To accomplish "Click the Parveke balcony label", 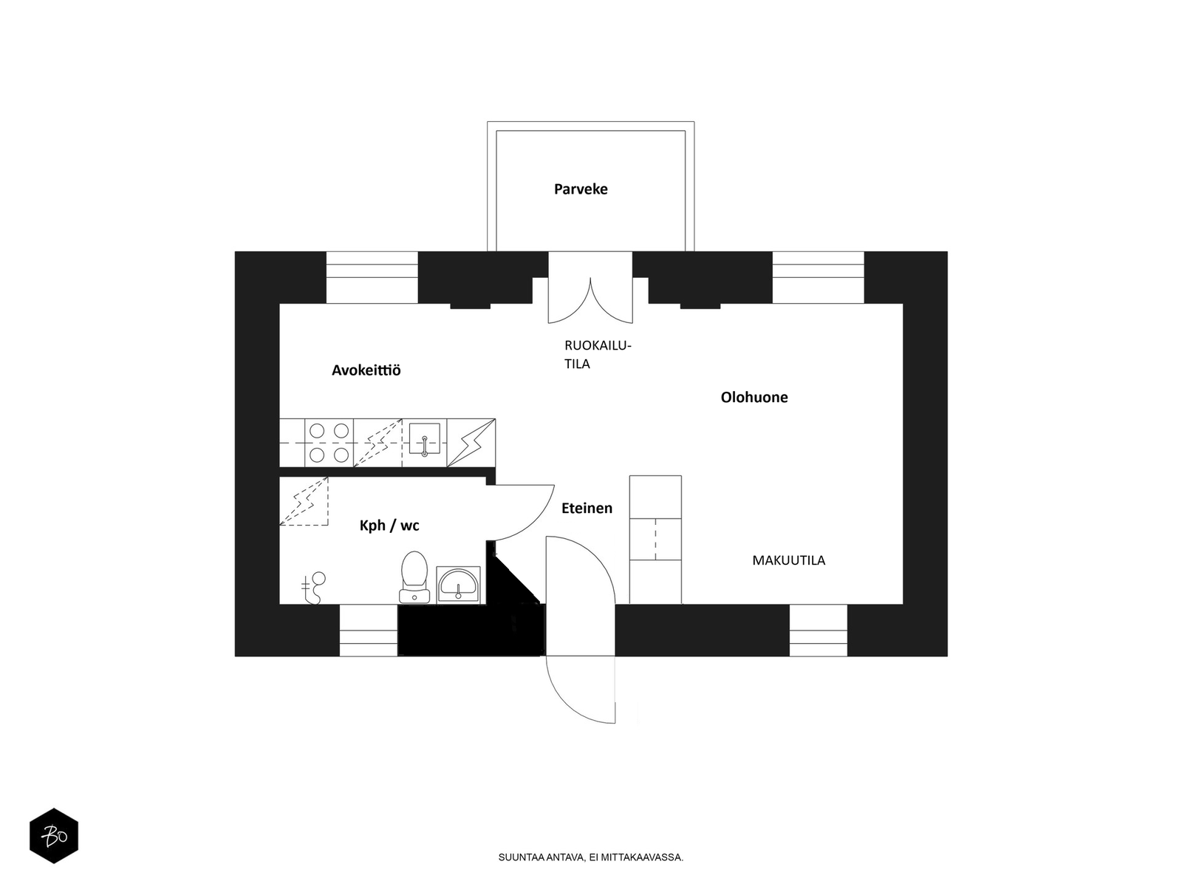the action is pyautogui.click(x=581, y=189).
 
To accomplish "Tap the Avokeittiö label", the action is pyautogui.click(x=366, y=370).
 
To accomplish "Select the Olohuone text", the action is pyautogui.click(x=754, y=397).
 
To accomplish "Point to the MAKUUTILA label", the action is pyautogui.click(x=788, y=560).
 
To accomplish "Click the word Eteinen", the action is pyautogui.click(x=587, y=508).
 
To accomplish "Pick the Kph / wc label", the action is pyautogui.click(x=389, y=525).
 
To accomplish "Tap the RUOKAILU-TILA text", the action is pyautogui.click(x=597, y=354).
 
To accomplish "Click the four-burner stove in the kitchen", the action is pyautogui.click(x=329, y=443).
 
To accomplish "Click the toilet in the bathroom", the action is pyautogui.click(x=414, y=577).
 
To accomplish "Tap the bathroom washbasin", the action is pyautogui.click(x=458, y=584).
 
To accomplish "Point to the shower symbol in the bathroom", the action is pyautogui.click(x=313, y=588).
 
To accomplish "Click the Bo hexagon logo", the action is pyautogui.click(x=54, y=836).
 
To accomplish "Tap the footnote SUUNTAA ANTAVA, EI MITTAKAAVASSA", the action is pyautogui.click(x=591, y=857).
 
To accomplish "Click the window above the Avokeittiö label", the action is pyautogui.click(x=372, y=277).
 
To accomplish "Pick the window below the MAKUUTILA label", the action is pyautogui.click(x=819, y=630).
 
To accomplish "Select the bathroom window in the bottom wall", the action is pyautogui.click(x=369, y=630).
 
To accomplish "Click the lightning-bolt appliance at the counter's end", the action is pyautogui.click(x=471, y=443).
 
